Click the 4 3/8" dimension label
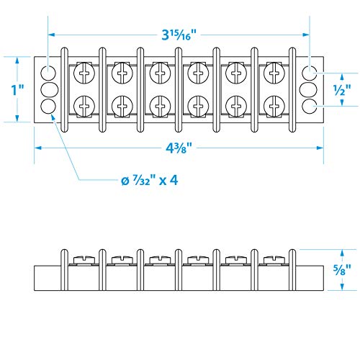(x=178, y=148)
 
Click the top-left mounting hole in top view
(x=48, y=73)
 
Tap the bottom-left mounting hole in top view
(x=48, y=107)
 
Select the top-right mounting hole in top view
(x=310, y=73)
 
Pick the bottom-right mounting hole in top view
(x=310, y=107)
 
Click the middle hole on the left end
(x=48, y=89)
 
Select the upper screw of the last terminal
(x=273, y=73)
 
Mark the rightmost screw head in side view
(x=273, y=258)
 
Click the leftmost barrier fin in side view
(x=63, y=269)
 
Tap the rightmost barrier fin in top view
(x=292, y=90)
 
